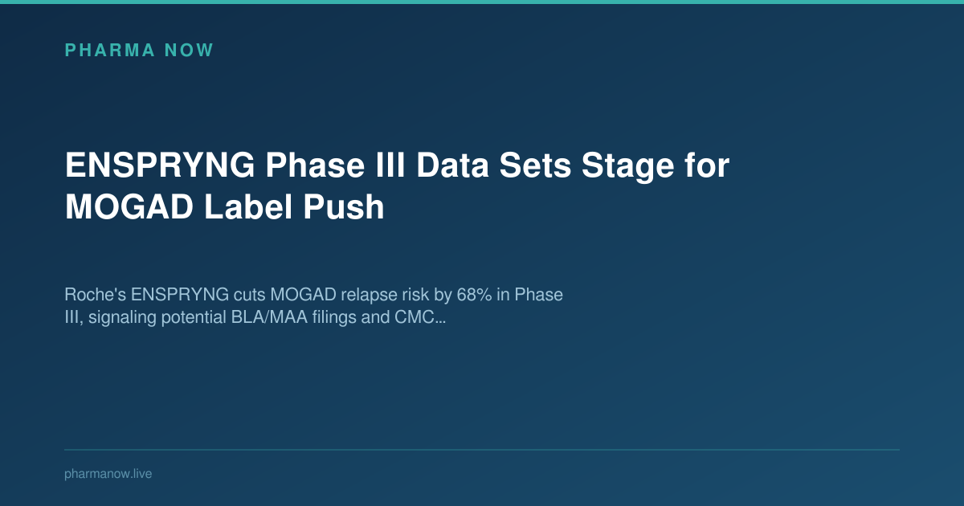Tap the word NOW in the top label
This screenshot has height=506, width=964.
pos(189,51)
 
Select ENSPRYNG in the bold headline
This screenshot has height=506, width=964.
pos(158,167)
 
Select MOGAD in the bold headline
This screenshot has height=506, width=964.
pos(129,207)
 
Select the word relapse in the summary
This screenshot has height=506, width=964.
pos(360,295)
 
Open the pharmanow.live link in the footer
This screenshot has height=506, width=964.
pos(108,474)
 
